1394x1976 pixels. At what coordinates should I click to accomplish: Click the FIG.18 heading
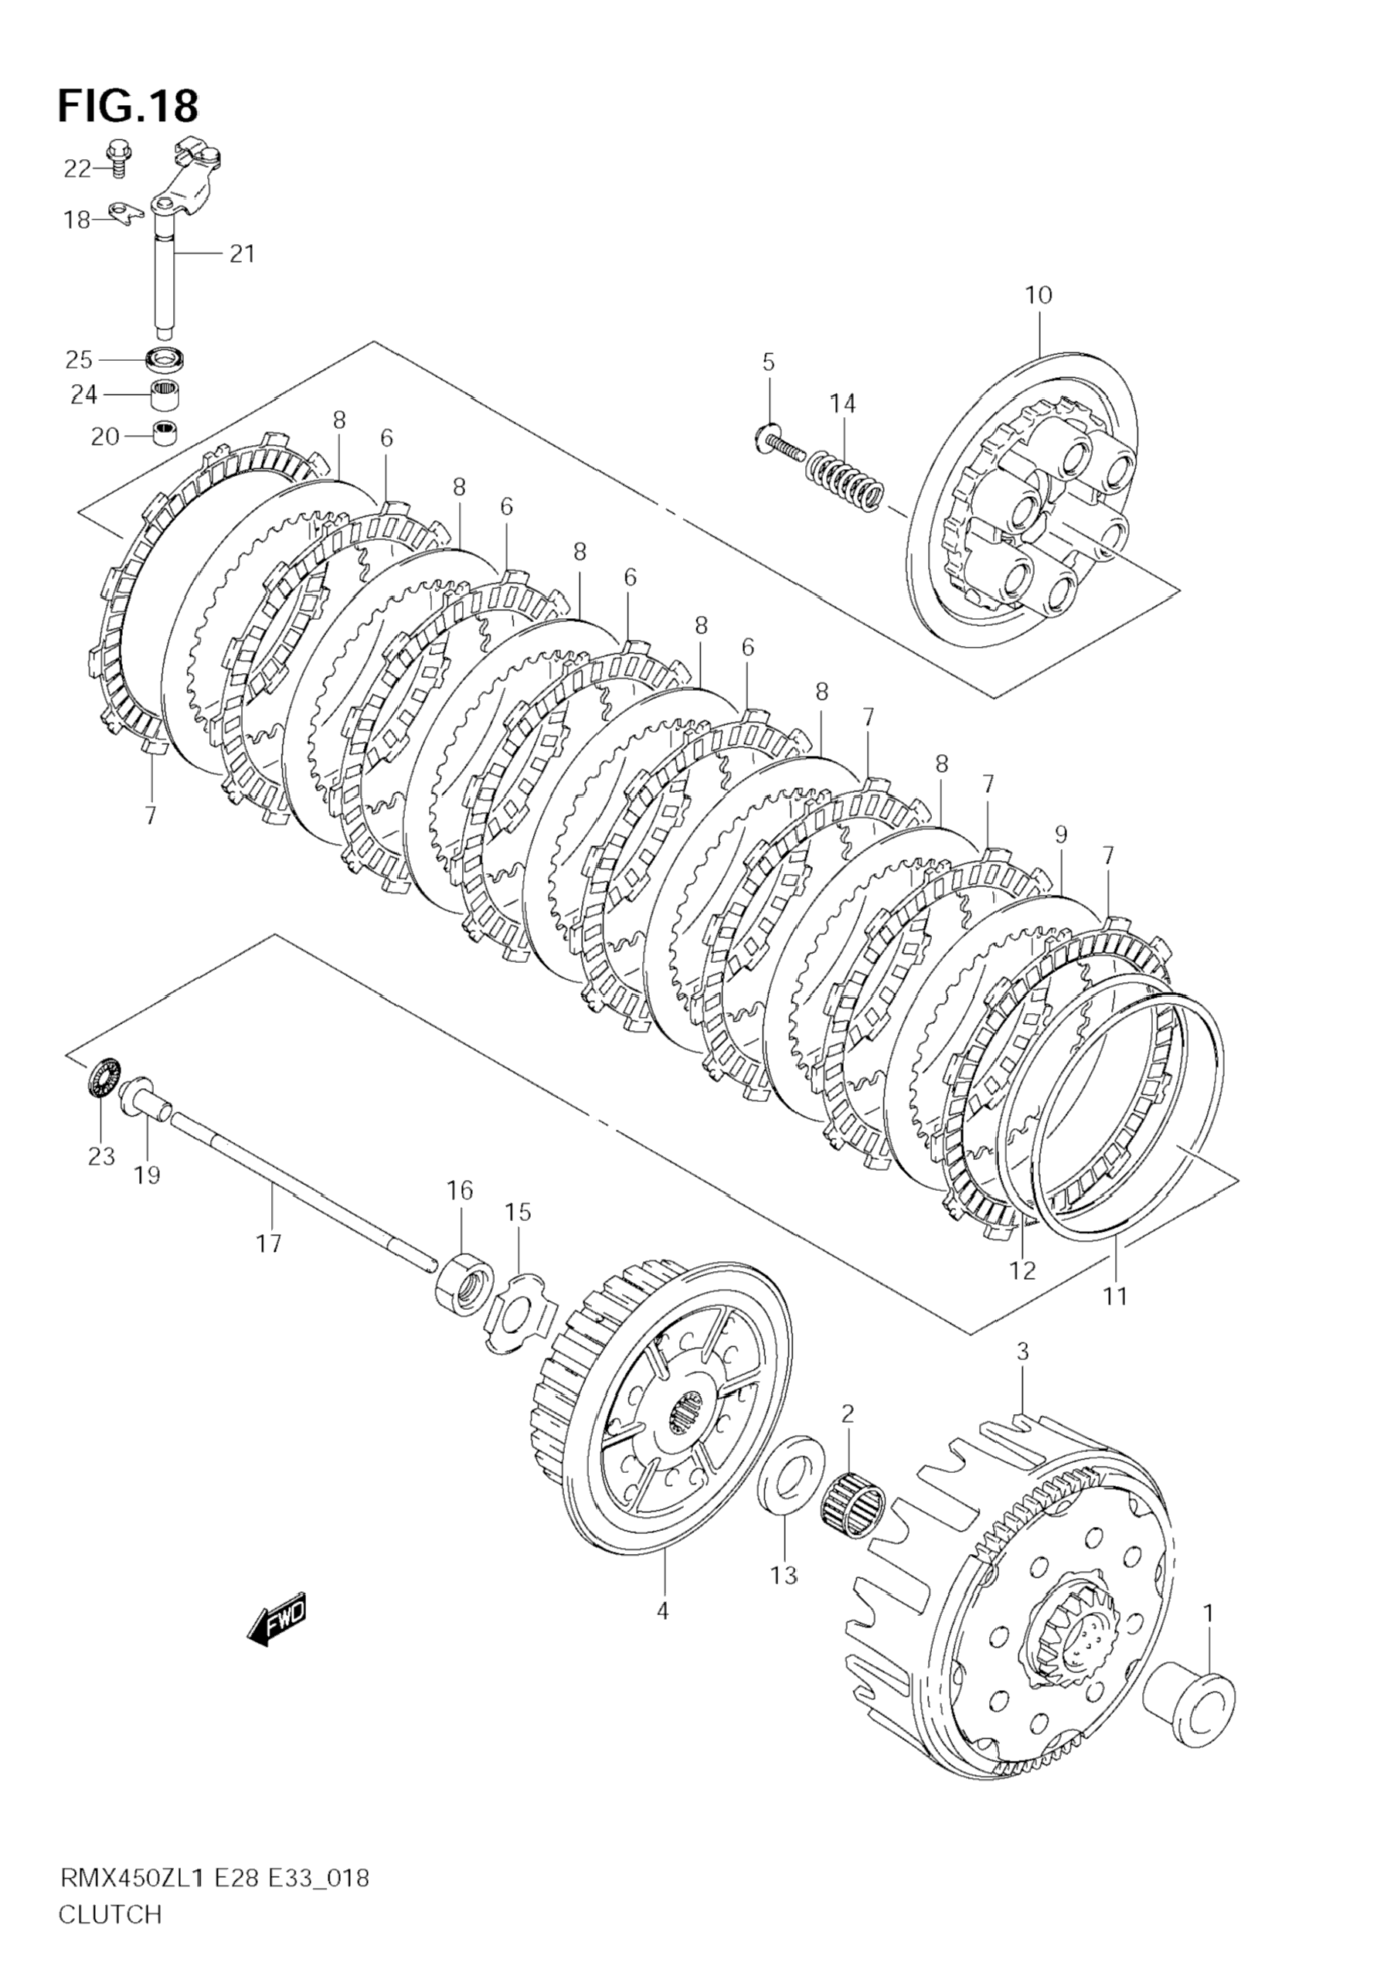pyautogui.click(x=128, y=107)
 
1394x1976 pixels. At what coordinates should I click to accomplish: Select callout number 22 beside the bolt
pyautogui.click(x=77, y=169)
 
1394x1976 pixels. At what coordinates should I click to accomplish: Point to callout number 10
pyautogui.click(x=1039, y=295)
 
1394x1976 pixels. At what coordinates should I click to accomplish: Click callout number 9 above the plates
pyautogui.click(x=1060, y=833)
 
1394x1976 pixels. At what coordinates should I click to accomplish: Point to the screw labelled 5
pyautogui.click(x=780, y=444)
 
